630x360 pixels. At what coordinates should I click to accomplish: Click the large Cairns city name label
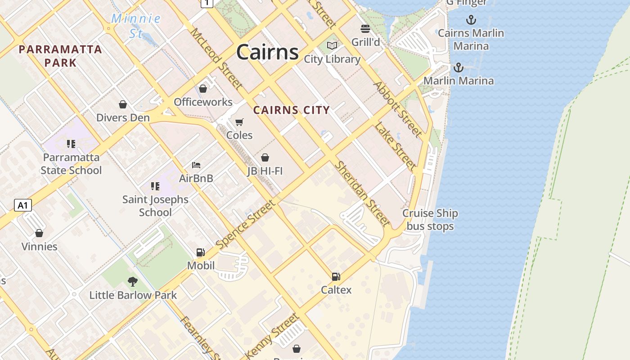tap(267, 52)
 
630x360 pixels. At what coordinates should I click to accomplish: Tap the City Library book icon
tap(332, 46)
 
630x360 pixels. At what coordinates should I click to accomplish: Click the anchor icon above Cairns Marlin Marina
tap(471, 20)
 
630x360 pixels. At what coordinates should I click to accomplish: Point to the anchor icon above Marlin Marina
tap(458, 67)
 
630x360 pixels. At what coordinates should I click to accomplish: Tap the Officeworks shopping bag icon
tap(203, 89)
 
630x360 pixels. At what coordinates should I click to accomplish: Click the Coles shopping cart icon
tap(239, 122)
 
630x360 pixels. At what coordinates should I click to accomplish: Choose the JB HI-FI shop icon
tap(265, 157)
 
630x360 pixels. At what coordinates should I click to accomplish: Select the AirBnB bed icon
tap(196, 165)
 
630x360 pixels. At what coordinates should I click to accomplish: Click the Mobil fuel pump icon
tap(201, 252)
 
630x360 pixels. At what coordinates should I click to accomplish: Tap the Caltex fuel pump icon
tap(336, 277)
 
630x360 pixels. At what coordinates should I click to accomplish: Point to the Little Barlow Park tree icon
tap(132, 282)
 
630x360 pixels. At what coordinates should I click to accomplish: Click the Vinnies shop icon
tap(39, 233)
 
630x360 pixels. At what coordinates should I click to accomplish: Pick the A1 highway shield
tap(23, 206)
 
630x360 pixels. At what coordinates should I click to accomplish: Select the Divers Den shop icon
tap(123, 105)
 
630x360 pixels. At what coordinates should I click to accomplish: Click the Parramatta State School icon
tap(71, 144)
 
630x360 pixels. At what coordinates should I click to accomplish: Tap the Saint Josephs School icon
tap(155, 186)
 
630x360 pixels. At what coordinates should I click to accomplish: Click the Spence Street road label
tap(245, 224)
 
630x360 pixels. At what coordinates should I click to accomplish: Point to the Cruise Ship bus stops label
tap(430, 220)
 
